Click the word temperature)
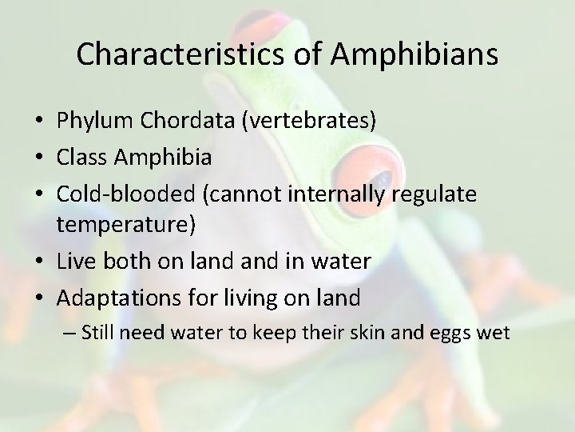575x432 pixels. click(x=125, y=224)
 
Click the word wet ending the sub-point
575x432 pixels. click(x=494, y=332)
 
